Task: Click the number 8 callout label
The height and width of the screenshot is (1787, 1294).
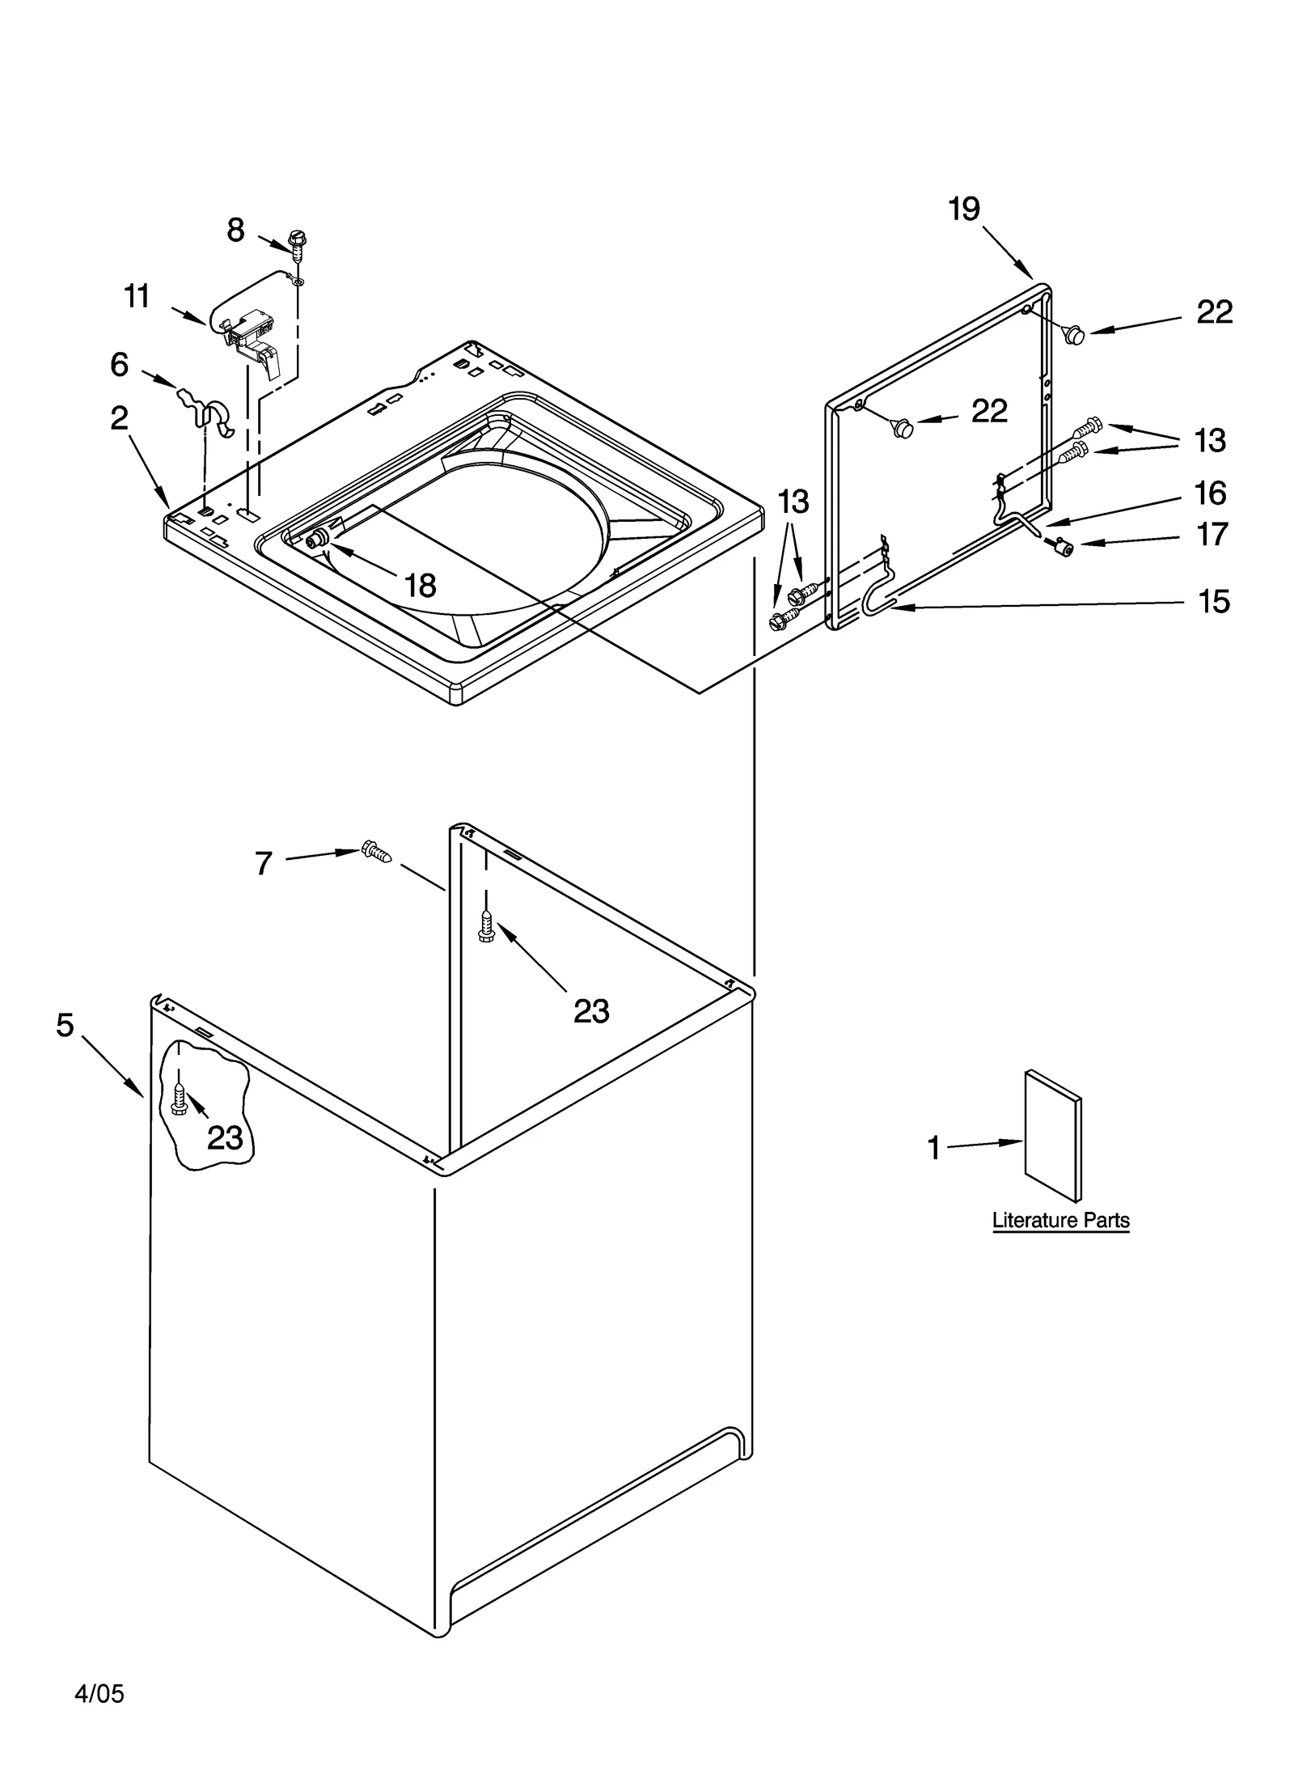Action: click(235, 231)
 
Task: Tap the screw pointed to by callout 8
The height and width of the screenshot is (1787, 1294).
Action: click(297, 243)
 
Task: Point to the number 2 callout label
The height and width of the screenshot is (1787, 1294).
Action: click(120, 418)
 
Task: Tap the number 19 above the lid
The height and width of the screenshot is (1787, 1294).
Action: click(964, 210)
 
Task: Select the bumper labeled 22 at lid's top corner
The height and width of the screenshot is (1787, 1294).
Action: click(1073, 333)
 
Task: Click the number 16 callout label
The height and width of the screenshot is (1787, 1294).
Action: click(1210, 493)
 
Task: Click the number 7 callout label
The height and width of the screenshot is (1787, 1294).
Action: click(264, 864)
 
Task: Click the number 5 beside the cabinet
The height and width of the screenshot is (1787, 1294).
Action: click(66, 1025)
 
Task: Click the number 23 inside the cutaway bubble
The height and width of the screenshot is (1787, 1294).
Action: click(225, 1137)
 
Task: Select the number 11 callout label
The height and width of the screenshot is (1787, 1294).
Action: click(137, 297)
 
